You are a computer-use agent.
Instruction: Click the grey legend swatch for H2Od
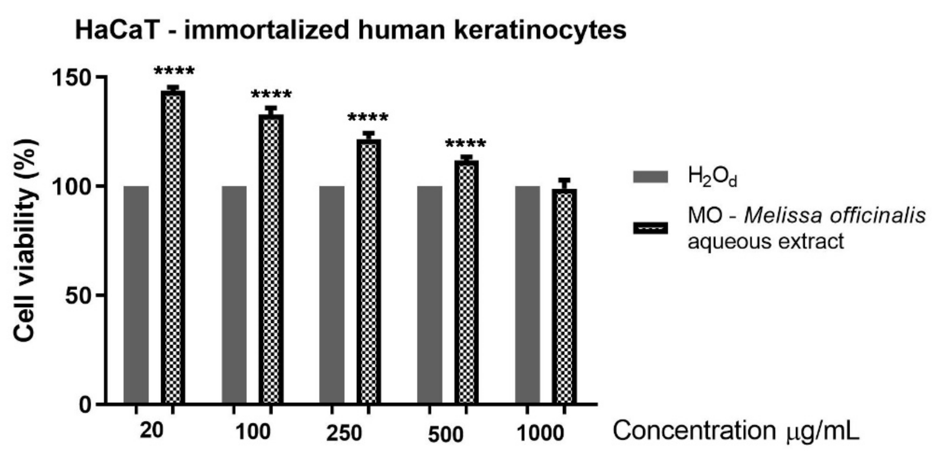tap(650, 177)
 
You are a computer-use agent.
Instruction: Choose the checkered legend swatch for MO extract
tap(650, 228)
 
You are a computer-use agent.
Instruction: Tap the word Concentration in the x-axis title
tap(694, 431)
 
